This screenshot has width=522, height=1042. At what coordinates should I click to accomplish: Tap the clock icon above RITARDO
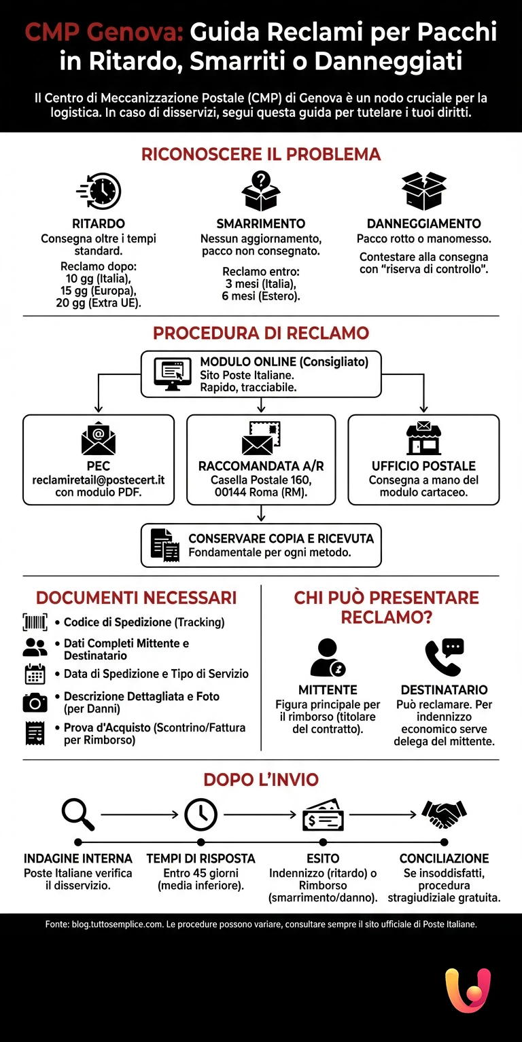(x=99, y=191)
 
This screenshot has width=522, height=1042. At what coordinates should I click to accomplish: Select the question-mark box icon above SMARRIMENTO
(x=261, y=191)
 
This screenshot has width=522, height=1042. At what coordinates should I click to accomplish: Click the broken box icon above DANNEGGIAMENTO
(x=423, y=191)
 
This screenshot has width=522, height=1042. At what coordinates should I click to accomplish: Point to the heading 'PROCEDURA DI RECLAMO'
(x=261, y=334)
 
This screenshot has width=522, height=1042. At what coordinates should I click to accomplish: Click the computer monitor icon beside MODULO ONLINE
(x=170, y=373)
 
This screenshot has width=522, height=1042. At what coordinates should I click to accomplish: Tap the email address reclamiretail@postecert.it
(x=99, y=480)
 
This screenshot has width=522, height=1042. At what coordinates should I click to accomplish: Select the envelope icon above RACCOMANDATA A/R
(x=261, y=438)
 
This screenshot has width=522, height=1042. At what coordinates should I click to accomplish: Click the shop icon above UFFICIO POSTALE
(x=423, y=438)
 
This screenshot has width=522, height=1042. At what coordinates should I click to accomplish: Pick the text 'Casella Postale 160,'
(x=261, y=480)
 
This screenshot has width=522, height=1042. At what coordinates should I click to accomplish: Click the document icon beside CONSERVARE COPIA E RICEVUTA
(x=164, y=545)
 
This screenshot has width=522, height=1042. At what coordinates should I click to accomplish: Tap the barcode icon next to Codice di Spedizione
(x=35, y=622)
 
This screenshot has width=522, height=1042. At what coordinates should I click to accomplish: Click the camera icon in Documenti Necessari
(x=35, y=702)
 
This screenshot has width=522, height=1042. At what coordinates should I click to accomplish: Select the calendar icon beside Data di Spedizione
(x=35, y=674)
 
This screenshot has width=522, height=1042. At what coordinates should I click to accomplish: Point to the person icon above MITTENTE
(x=328, y=657)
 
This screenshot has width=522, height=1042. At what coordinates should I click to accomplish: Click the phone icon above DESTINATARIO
(x=444, y=657)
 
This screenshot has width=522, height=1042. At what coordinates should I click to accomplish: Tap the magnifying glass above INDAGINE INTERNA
(x=77, y=814)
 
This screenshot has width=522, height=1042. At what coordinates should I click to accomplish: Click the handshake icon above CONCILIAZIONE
(x=444, y=813)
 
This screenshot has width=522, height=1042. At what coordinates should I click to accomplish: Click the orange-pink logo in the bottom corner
(x=468, y=990)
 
